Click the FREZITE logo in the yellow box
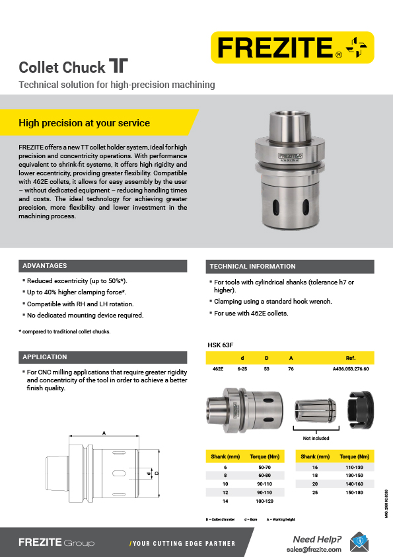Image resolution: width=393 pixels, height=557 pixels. (291, 47)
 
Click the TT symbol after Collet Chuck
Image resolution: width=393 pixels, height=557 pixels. (118, 66)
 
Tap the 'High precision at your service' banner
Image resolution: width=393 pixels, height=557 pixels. (85, 123)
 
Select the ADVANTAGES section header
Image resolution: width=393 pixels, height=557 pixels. (45, 266)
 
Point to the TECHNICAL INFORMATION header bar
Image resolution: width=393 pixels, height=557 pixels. (252, 267)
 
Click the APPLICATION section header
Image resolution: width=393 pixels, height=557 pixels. (45, 357)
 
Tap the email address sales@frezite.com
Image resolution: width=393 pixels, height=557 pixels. (314, 549)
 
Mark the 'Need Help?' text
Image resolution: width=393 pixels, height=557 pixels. (316, 538)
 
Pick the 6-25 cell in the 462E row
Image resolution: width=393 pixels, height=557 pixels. (242, 369)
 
